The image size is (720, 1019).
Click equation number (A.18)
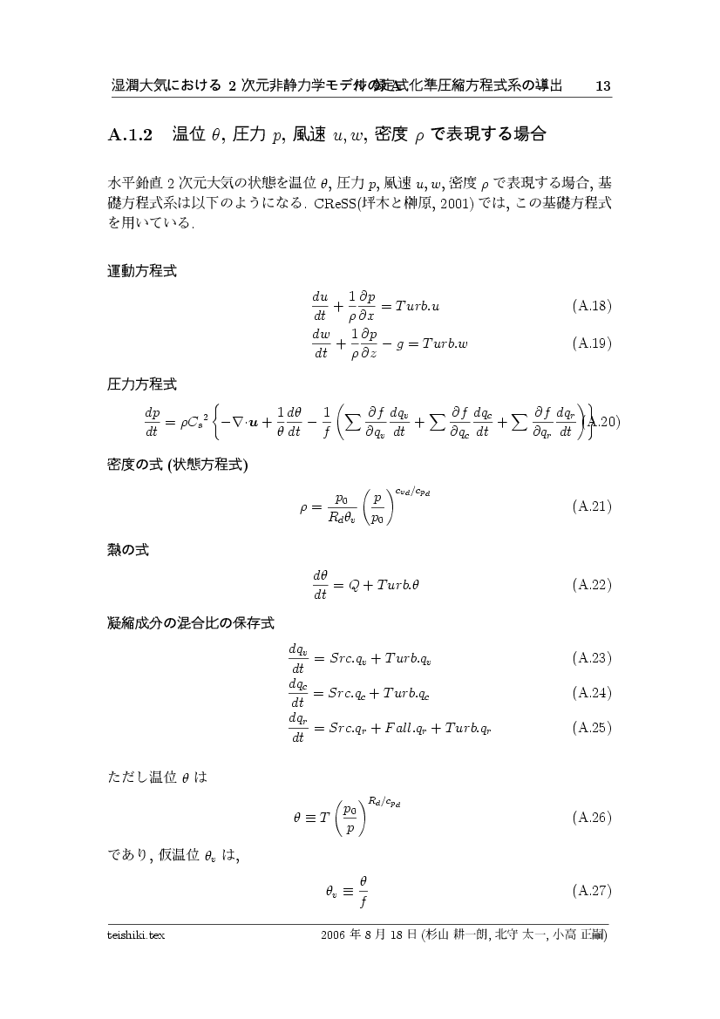[x=591, y=306]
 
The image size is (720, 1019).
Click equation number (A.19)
[x=591, y=343]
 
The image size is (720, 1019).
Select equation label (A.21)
[x=591, y=506]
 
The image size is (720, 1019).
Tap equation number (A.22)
[x=591, y=584]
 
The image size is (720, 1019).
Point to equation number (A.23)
[x=591, y=657]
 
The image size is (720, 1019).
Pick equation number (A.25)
[x=591, y=726]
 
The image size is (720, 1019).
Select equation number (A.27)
[x=591, y=891]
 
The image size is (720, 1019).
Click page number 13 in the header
[x=601, y=85]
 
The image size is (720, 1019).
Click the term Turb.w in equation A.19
[x=445, y=343]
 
